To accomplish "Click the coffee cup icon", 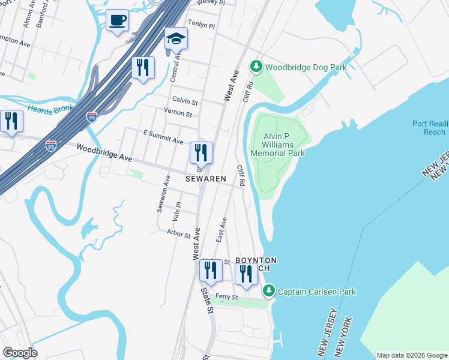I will click(116, 21).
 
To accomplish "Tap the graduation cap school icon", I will click(176, 39).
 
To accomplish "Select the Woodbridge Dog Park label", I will click(306, 68).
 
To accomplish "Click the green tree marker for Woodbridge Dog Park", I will click(256, 66).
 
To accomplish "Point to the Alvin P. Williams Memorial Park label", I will click(284, 145).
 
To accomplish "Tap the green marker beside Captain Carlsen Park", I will click(270, 291).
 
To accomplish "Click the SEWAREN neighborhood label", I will click(205, 179).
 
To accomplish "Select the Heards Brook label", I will click(49, 108).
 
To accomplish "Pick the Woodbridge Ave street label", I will click(104, 153).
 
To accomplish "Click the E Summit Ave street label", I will click(163, 137).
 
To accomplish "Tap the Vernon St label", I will click(178, 114).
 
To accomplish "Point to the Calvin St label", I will click(185, 100).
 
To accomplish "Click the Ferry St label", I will click(227, 297).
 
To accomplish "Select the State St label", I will click(206, 300).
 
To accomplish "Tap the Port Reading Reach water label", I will click(429, 128).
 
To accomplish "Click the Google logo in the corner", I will click(20, 352).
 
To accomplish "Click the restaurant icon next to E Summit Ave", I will click(201, 153).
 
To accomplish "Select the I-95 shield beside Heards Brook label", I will click(92, 116).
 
